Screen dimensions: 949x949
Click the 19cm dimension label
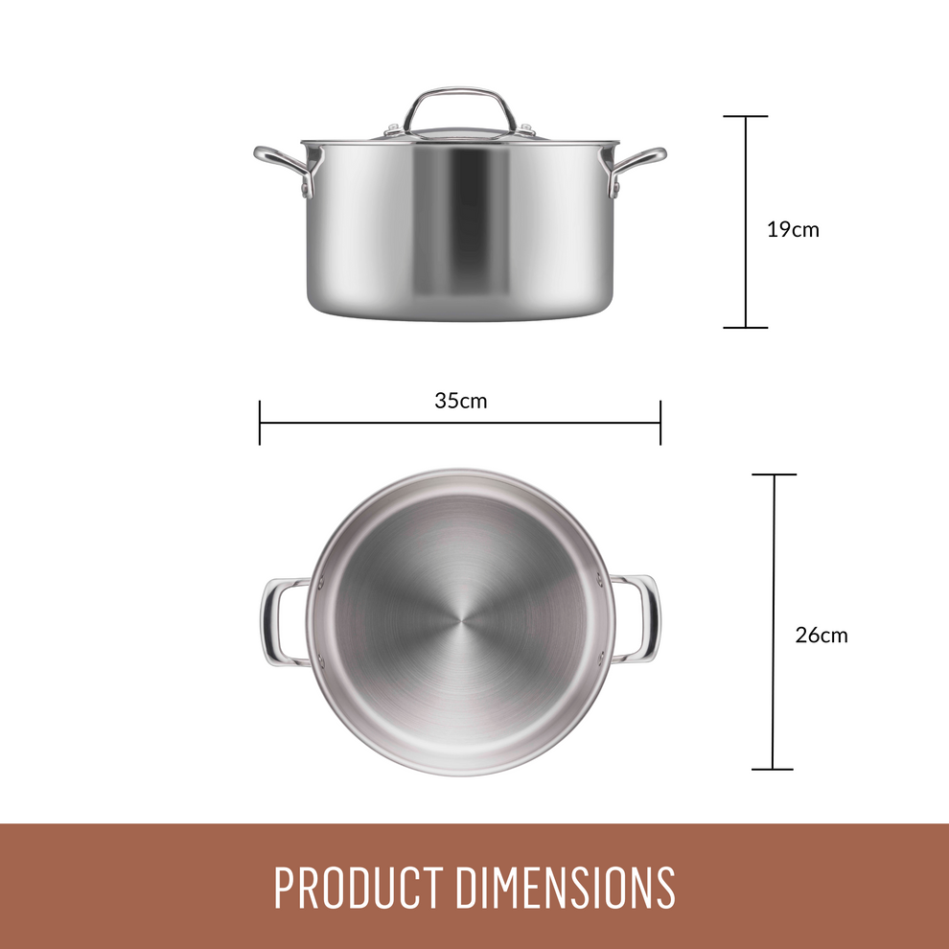[x=793, y=230]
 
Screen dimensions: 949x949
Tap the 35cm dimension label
[x=460, y=401]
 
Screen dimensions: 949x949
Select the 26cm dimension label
[x=821, y=635]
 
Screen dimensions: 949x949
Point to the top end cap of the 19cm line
[x=746, y=117]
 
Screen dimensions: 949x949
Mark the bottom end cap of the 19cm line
[x=746, y=328]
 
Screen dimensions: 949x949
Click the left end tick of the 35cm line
[x=260, y=423]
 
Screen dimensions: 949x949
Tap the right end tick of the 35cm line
[x=660, y=423]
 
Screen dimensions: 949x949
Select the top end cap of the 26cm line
[x=774, y=474]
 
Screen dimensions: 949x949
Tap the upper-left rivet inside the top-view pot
[x=322, y=582]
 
